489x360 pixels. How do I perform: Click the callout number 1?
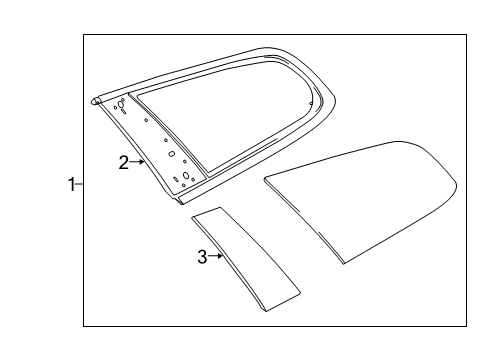(x=71, y=184)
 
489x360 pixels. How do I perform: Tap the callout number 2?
(x=123, y=163)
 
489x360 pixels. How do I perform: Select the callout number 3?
(x=202, y=257)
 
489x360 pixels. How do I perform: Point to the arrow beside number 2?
(x=138, y=162)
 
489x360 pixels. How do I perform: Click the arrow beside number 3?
(x=216, y=257)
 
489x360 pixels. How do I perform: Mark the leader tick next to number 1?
(x=80, y=184)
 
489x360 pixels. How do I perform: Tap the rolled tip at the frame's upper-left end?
(x=95, y=100)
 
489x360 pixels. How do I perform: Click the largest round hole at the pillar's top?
(x=122, y=103)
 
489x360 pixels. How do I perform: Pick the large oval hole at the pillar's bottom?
(x=187, y=176)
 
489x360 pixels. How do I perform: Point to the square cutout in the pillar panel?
(x=171, y=154)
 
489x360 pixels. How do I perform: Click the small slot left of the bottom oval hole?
(x=177, y=179)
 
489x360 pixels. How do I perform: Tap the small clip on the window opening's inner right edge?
(x=311, y=102)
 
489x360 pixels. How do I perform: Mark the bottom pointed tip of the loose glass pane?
(x=342, y=262)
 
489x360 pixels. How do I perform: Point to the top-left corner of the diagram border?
(x=83, y=35)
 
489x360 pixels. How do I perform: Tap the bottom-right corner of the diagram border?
(x=465, y=326)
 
